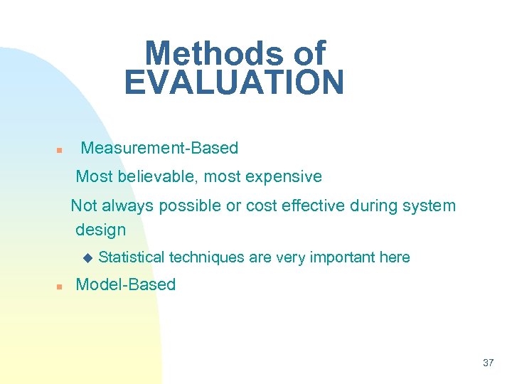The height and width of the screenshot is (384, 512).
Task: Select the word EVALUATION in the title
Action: pos(234,82)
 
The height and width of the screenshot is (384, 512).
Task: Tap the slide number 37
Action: pos(488,363)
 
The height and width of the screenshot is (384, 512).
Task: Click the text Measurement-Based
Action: pos(159,148)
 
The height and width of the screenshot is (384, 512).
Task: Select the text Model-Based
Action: pos(125,284)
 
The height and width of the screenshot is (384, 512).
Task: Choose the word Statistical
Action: pos(132,257)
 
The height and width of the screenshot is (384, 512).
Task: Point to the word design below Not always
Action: pos(100,230)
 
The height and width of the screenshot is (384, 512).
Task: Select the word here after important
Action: pos(395,257)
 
